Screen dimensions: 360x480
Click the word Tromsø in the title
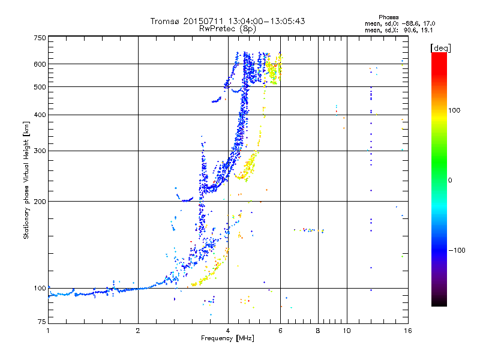164,21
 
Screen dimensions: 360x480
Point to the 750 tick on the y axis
40,38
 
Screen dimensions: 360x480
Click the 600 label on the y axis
40,64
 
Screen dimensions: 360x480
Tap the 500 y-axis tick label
40,87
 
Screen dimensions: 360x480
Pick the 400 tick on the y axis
40,115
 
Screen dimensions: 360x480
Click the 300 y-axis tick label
40,151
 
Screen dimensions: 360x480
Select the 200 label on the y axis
40,201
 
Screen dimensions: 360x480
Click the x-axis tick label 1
48,331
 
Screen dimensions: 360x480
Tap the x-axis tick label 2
138,331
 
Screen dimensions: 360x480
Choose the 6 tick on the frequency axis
280,331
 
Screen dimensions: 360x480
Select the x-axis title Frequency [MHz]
227,338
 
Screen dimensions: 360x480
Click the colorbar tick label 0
450,180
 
